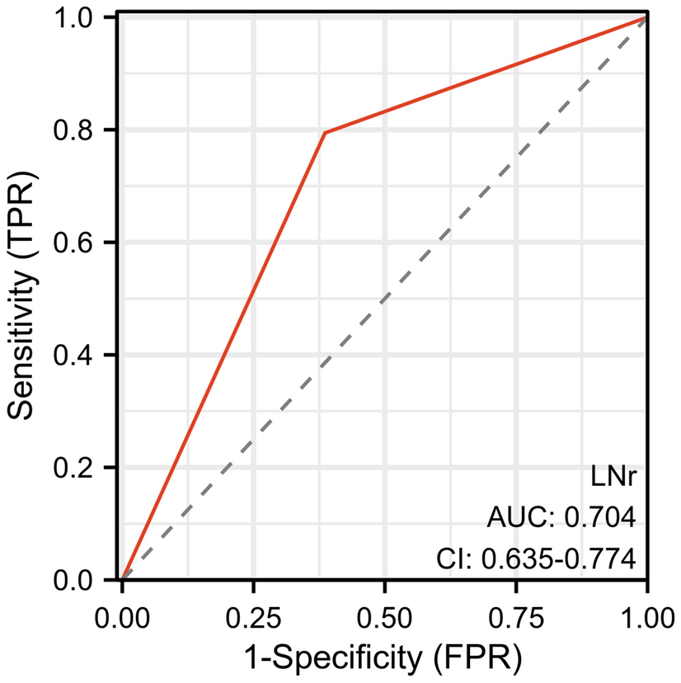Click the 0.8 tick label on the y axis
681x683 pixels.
pos(86,130)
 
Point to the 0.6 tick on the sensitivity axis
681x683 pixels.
pos(86,243)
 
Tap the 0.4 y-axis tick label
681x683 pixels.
pos(86,356)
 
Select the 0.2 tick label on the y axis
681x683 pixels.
pos(86,468)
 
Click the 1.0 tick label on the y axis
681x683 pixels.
pos(86,17)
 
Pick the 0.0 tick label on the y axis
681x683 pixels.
pos(86,580)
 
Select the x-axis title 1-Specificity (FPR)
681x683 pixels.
pos(383,657)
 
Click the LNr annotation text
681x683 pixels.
pos(616,476)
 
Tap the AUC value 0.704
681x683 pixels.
pos(598,518)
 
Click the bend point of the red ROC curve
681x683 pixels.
pos(325,132)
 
